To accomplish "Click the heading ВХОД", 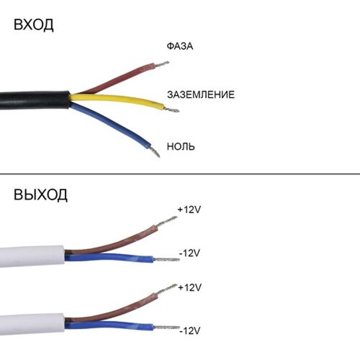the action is pyautogui.click(x=34, y=24).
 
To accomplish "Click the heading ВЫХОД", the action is pyautogui.click(x=40, y=195).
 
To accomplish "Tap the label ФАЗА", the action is pyautogui.click(x=180, y=46).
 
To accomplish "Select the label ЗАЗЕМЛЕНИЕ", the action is pyautogui.click(x=201, y=95).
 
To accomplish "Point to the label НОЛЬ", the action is pyautogui.click(x=180, y=146).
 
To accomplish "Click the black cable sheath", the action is pyautogui.click(x=35, y=100).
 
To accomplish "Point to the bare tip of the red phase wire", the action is pyautogui.click(x=162, y=64).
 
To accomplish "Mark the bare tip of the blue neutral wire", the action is pyautogui.click(x=155, y=152).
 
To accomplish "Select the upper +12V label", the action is pyautogui.click(x=189, y=210).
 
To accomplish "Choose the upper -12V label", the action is pyautogui.click(x=190, y=253).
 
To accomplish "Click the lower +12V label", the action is pyautogui.click(x=190, y=288).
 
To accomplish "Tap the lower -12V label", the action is pyautogui.click(x=190, y=331).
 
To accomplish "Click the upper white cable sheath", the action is pyautogui.click(x=32, y=256).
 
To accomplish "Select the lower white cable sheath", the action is pyautogui.click(x=32, y=324).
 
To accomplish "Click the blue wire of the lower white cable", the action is pyautogui.click(x=109, y=325).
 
